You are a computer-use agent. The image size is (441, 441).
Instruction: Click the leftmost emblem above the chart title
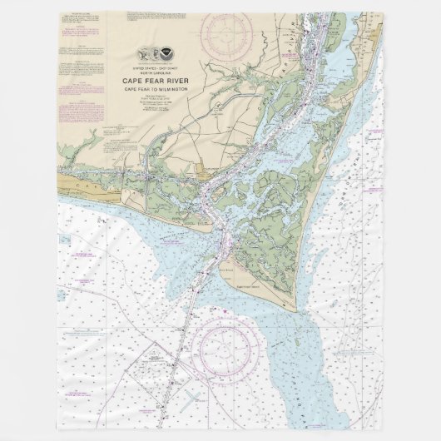pyautogui.click(x=148, y=51)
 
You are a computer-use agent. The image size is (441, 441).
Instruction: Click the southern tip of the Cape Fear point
pyautogui.click(x=292, y=310)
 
